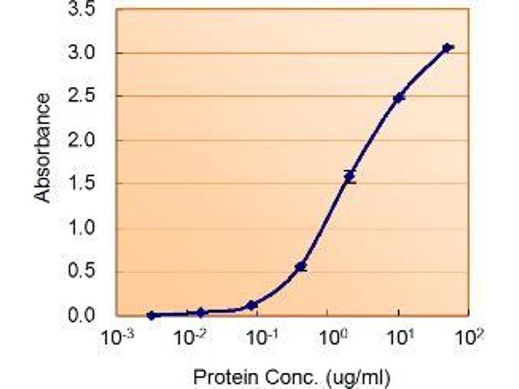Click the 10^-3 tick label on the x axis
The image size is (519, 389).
[117, 338]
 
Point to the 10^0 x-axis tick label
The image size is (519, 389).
[330, 338]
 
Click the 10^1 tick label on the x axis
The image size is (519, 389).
[400, 338]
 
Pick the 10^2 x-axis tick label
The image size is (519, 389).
[471, 338]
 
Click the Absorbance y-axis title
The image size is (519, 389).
[43, 148]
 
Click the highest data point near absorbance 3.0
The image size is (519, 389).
[447, 47]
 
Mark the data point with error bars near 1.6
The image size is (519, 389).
[350, 176]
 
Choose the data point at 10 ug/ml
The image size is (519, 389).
[399, 98]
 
